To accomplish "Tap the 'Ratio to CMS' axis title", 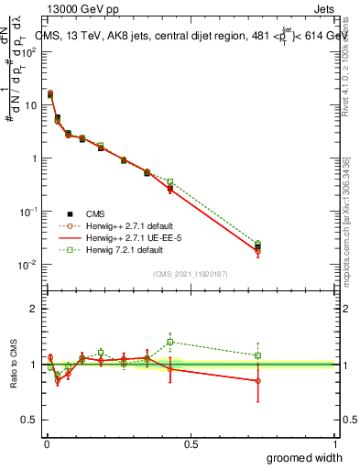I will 14,364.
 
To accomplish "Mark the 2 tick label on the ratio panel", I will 34,309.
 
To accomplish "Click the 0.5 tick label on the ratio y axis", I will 30,420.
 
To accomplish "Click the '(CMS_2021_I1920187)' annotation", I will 191,273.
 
